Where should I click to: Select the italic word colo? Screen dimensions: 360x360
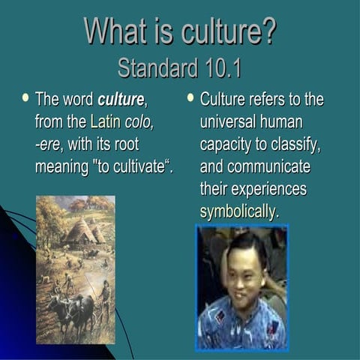coord(139,121)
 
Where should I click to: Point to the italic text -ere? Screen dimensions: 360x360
coord(49,143)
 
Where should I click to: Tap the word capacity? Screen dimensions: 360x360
coord(228,144)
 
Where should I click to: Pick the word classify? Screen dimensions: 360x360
coord(295,144)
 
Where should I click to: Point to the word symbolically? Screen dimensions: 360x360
coord(239,211)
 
